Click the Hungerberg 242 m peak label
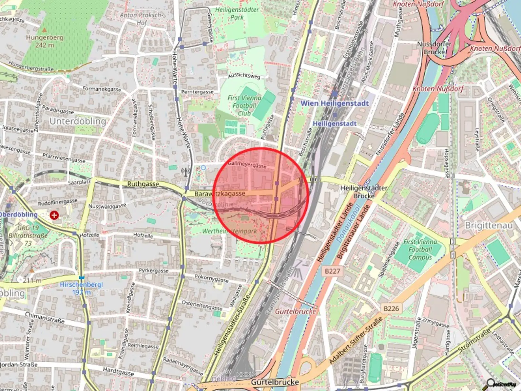(44, 41)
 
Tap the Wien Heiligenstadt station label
(334, 103)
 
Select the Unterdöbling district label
(78, 121)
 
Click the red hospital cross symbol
(54, 215)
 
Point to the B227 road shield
(332, 271)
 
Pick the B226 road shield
(391, 309)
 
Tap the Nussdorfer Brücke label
(434, 48)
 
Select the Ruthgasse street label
(143, 184)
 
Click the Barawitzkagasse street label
(219, 194)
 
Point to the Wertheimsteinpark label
(230, 231)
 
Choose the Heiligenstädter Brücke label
(364, 192)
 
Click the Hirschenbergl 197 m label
(81, 288)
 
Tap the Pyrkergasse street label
(154, 271)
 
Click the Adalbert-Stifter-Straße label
(356, 340)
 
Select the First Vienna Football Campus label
(420, 249)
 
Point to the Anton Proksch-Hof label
(141, 19)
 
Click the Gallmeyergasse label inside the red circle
(247, 165)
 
